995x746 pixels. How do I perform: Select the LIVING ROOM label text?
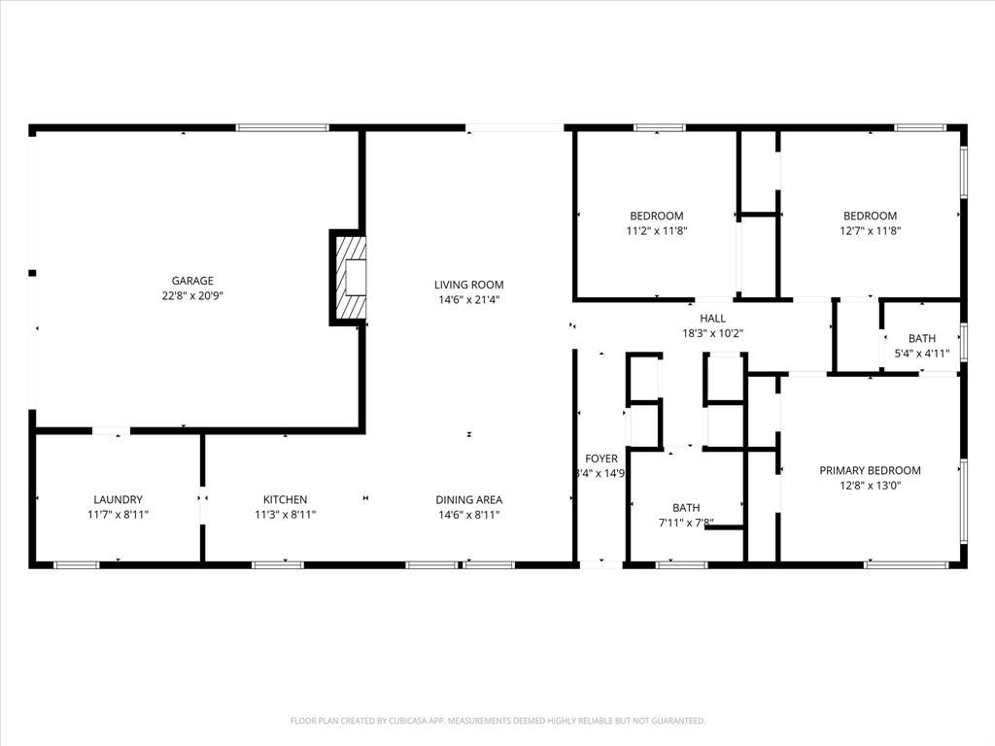(468, 285)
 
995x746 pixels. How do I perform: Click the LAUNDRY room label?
(118, 499)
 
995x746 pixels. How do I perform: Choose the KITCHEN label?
(285, 499)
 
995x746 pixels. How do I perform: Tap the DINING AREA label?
(468, 499)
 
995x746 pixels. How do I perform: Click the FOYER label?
(600, 458)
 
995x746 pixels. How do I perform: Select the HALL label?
(712, 318)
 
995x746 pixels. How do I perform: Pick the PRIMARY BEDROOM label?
(870, 470)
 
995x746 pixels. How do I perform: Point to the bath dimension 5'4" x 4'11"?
(921, 354)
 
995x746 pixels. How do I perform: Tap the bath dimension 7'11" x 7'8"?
(686, 522)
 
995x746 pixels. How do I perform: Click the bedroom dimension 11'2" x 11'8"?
(656, 230)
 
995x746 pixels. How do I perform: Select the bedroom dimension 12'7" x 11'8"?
(870, 230)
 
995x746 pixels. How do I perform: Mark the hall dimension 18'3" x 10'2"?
(712, 332)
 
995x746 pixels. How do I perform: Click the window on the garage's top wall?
(282, 127)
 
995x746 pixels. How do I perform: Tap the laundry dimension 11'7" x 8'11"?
(118, 514)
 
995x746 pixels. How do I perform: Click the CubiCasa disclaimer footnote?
(497, 721)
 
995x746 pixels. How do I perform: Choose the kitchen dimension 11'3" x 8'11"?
(285, 514)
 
